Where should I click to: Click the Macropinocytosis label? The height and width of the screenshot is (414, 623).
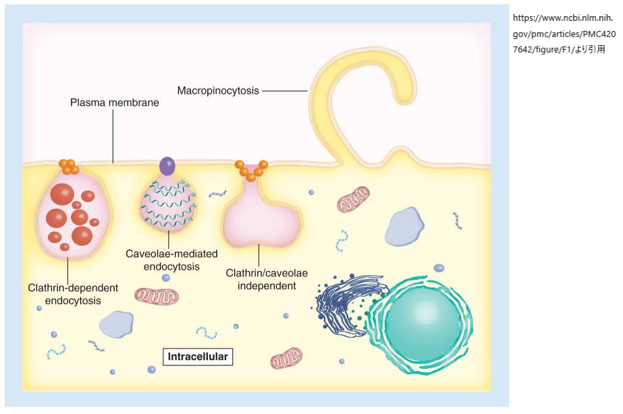[218, 90]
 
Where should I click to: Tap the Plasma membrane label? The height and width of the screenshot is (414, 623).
[114, 103]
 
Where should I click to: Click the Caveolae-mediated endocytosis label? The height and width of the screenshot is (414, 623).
[171, 260]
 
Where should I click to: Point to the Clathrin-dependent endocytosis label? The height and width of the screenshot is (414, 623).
[73, 294]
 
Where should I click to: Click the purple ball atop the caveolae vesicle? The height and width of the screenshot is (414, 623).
[166, 165]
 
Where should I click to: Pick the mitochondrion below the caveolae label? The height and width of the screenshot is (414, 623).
[157, 296]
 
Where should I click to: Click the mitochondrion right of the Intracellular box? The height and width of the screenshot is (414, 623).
[286, 358]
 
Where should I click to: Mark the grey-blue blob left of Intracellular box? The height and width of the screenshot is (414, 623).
[116, 324]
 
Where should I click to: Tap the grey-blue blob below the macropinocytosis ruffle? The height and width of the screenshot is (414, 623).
[404, 226]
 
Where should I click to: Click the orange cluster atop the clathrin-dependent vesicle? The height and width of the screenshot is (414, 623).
[68, 166]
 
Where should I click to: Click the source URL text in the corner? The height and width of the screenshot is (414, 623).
[564, 33]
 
